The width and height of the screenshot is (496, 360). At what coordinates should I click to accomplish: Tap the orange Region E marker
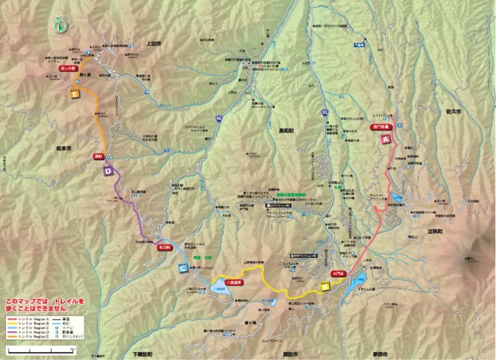74,94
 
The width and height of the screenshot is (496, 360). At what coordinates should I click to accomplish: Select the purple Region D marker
108,171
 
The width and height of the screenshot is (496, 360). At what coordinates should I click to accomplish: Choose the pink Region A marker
386,139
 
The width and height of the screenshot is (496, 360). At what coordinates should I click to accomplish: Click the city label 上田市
154,43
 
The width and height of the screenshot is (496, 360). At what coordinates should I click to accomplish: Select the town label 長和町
285,129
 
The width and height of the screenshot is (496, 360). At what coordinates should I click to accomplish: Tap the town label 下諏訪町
144,355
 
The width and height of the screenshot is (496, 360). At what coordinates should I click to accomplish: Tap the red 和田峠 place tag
163,246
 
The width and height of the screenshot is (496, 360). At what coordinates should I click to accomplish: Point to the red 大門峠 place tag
339,274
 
